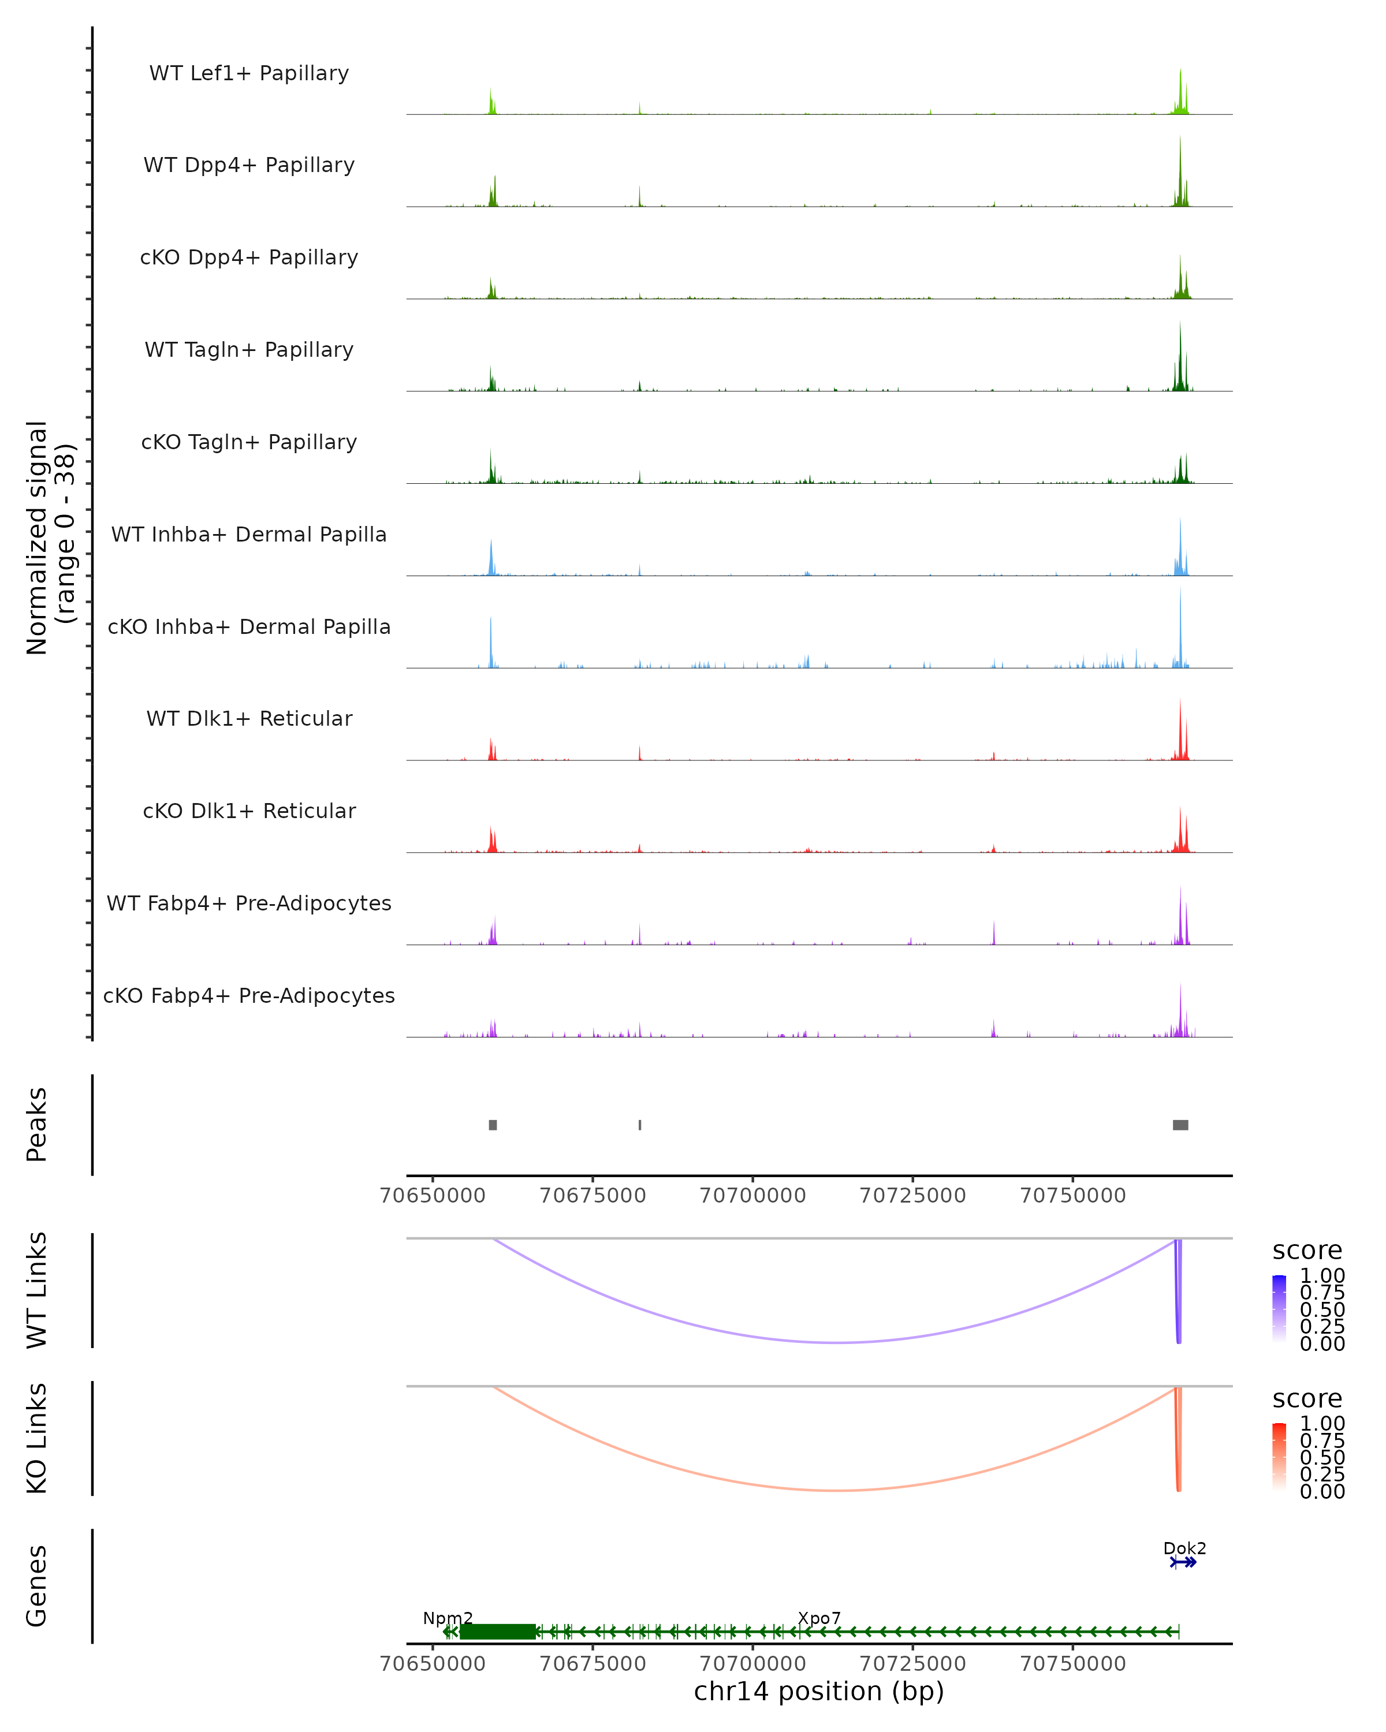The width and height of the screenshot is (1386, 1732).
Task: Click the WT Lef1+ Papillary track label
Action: pos(249,73)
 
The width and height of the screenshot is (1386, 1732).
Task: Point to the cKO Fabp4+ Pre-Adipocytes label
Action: pos(249,995)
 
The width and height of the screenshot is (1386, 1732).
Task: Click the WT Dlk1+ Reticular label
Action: pos(249,718)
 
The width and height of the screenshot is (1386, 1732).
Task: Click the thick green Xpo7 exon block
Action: pos(497,1632)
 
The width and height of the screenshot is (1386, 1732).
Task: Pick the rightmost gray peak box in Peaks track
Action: pos(1180,1125)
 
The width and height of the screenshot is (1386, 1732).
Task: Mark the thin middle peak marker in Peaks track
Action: pos(639,1125)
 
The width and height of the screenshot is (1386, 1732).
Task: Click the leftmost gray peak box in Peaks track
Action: pos(493,1125)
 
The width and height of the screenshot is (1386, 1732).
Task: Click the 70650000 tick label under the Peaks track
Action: pos(433,1196)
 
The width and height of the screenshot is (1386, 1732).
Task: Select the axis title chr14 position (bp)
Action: pos(819,1691)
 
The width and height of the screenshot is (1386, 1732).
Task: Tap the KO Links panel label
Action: pos(37,1438)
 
